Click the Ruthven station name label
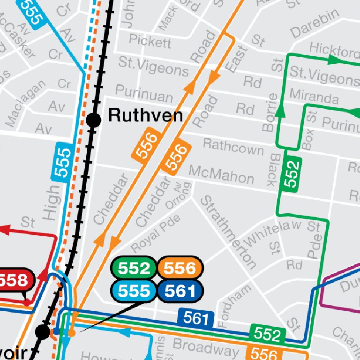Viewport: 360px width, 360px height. point(145,115)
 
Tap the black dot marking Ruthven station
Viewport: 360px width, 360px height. point(94,120)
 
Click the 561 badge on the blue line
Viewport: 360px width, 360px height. point(195,319)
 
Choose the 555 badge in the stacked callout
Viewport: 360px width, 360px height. point(134,291)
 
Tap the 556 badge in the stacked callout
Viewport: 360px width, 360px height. point(180,268)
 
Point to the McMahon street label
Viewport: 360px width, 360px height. point(221,175)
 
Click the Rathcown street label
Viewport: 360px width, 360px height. point(233,146)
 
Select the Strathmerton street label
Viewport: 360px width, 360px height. point(228,232)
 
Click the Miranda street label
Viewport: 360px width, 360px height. point(314,96)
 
